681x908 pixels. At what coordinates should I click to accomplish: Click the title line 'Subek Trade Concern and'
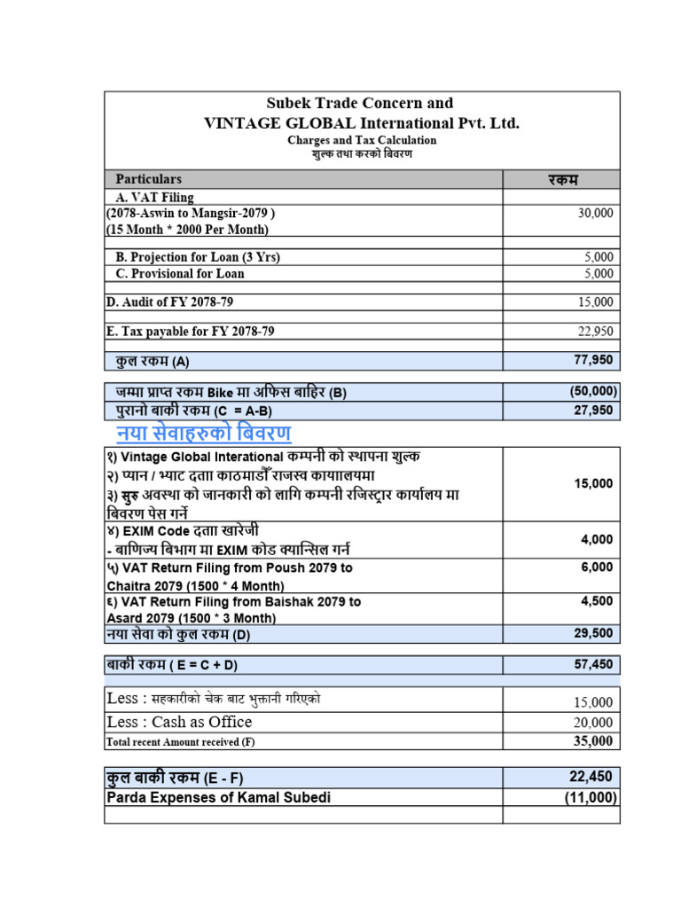(x=362, y=103)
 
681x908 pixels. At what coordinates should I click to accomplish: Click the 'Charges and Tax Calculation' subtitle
(x=362, y=140)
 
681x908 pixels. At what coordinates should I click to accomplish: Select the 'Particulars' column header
(x=149, y=179)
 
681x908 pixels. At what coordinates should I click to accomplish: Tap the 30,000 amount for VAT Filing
(x=594, y=214)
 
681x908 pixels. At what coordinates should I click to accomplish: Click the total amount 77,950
(x=593, y=360)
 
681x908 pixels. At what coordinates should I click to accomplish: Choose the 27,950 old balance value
(x=593, y=411)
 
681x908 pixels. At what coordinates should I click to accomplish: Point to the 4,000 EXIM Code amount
(x=596, y=539)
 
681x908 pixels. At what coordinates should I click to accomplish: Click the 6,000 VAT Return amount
(x=596, y=567)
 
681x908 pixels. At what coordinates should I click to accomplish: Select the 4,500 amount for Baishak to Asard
(x=596, y=600)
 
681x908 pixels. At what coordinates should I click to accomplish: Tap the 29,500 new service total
(x=593, y=633)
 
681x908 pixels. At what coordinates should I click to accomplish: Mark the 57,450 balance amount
(x=593, y=665)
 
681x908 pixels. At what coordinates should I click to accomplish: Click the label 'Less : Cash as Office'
(x=178, y=722)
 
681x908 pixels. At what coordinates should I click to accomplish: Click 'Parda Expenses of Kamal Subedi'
(x=218, y=797)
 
